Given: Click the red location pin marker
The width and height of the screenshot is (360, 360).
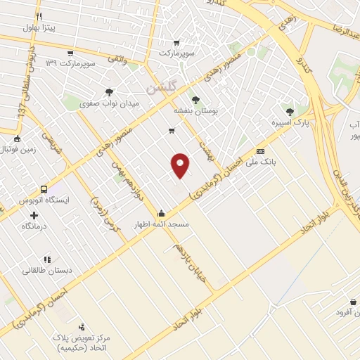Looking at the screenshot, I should click(x=180, y=165).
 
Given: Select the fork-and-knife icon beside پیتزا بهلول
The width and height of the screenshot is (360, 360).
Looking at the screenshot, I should click(x=39, y=16).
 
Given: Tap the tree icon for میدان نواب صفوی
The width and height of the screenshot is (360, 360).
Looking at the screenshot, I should click(x=109, y=91).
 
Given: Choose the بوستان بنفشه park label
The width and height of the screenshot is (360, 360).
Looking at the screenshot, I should click(x=196, y=111).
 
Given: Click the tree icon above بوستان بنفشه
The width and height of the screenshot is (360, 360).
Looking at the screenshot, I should click(x=195, y=99).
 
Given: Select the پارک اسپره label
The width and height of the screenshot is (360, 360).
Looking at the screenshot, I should click(x=291, y=123).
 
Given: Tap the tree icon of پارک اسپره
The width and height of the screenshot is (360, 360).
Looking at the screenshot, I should click(x=290, y=111).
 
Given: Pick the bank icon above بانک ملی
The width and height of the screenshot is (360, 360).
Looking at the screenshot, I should click(x=261, y=151).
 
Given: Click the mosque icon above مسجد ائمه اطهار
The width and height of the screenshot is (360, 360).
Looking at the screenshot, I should click(x=162, y=213).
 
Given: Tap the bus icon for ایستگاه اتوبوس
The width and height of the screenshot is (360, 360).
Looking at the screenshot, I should click(x=45, y=189).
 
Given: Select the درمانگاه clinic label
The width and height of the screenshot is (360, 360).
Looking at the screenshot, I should click(x=34, y=226).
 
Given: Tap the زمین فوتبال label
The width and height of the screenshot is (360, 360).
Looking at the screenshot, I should click(x=15, y=150).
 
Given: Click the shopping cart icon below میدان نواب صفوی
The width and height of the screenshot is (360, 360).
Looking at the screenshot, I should click(x=172, y=131).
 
